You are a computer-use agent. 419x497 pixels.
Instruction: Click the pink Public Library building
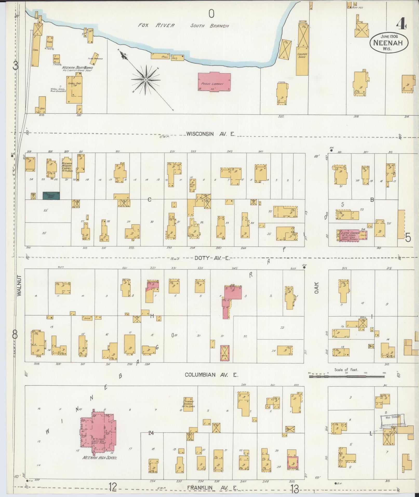(214, 82)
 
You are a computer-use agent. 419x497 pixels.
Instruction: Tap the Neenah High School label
(100, 458)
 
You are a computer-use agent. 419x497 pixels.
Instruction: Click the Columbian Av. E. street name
(211, 375)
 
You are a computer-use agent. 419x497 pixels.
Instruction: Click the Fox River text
(156, 25)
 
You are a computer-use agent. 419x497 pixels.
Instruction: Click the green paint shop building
(51, 196)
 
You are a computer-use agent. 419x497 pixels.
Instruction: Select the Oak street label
(316, 288)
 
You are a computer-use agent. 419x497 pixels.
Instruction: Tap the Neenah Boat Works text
(77, 68)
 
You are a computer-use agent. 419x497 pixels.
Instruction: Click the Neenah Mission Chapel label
(66, 166)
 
